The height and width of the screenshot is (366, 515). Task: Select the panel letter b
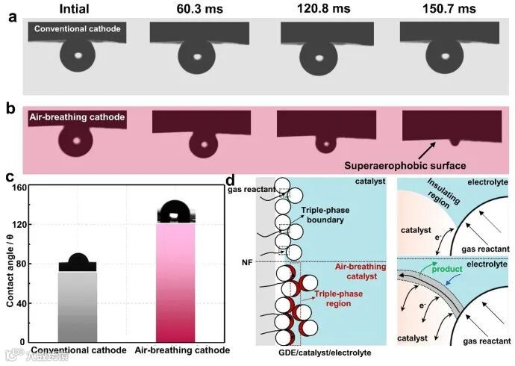10,108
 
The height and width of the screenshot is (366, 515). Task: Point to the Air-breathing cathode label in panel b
77,117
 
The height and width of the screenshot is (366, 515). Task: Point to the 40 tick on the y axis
31,303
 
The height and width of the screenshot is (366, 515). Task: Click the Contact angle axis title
10,265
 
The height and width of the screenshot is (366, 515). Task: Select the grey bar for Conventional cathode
78,306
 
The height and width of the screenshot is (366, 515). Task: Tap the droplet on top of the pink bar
172,211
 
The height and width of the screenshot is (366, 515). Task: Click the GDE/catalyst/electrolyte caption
320,353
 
